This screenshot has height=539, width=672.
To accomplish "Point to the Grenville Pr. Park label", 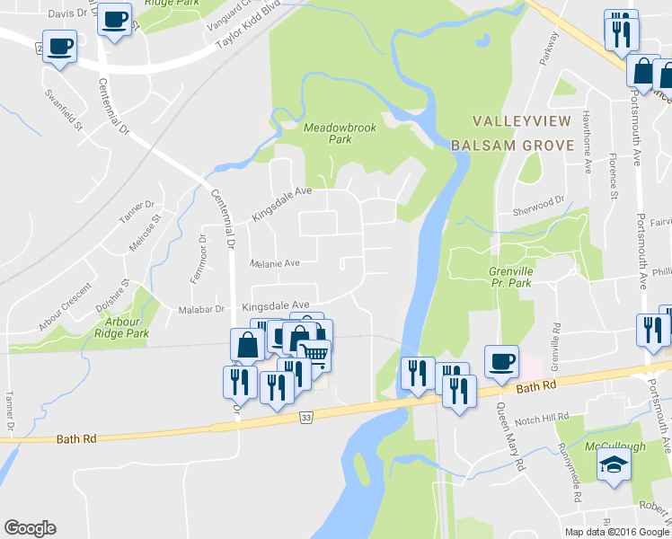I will (x=523, y=276).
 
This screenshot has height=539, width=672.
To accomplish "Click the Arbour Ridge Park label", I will (x=133, y=327).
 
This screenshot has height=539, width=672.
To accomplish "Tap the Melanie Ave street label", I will (x=274, y=263).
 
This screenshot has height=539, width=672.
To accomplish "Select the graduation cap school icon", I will (x=615, y=464).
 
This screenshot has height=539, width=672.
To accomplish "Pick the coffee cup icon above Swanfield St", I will (x=59, y=45).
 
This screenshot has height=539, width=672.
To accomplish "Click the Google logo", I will (x=30, y=528).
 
